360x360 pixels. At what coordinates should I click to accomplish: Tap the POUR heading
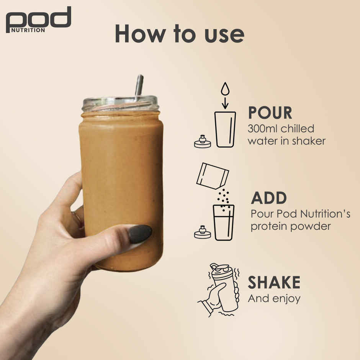tap(270, 113)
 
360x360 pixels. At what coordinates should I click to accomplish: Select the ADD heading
tap(268, 198)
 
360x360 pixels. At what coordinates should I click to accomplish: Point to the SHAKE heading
tap(274, 283)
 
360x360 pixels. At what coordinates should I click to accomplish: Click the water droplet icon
tap(225, 89)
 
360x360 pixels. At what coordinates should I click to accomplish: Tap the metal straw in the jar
tap(139, 85)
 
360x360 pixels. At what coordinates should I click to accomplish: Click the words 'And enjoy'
tap(273, 299)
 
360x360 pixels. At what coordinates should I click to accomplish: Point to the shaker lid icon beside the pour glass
tap(203, 142)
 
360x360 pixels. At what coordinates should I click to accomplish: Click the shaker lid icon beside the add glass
tap(203, 232)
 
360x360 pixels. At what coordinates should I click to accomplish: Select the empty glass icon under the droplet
tap(225, 129)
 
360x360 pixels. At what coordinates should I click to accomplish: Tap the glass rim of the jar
tap(120, 104)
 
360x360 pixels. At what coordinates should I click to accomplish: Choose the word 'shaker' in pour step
tap(308, 141)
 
